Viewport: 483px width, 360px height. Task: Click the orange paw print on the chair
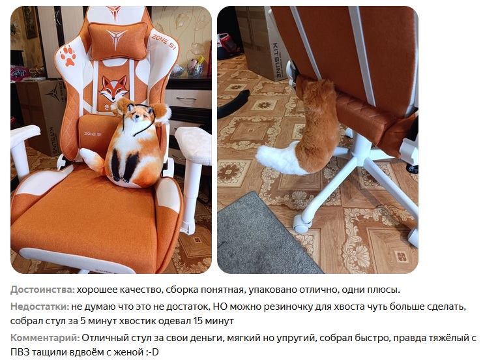(x=68, y=55)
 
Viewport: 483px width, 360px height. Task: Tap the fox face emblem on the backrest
(x=113, y=87)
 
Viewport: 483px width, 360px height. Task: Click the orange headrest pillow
(x=118, y=40)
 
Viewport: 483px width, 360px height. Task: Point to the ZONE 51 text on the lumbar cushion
(x=93, y=134)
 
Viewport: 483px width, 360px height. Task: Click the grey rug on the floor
(x=262, y=237)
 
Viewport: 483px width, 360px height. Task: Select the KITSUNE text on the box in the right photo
(x=276, y=60)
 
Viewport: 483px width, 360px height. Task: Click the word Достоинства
(x=42, y=290)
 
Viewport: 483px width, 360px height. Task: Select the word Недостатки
(x=40, y=307)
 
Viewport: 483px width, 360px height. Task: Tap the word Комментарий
(x=45, y=338)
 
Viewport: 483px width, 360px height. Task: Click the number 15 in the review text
(x=198, y=321)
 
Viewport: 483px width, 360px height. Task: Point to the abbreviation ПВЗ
(x=20, y=352)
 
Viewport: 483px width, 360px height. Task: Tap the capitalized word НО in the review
(x=220, y=307)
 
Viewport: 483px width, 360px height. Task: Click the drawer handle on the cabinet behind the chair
(x=186, y=100)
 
